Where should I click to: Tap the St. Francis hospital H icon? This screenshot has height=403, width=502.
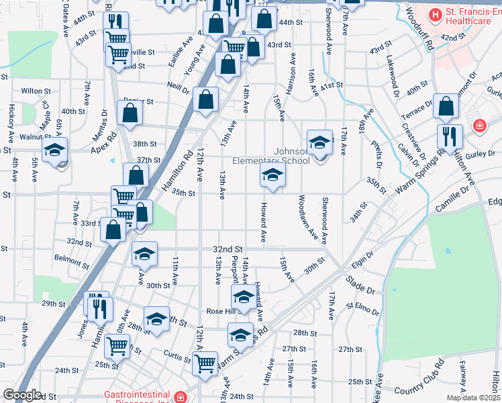(436, 13)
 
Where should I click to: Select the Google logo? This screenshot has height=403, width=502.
(22, 395)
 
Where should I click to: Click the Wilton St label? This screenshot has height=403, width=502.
(36, 91)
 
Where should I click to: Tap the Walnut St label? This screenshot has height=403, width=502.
(36, 137)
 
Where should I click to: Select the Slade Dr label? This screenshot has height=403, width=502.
(360, 283)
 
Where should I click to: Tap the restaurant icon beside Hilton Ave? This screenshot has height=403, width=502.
(449, 136)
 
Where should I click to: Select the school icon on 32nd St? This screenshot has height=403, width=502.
(145, 254)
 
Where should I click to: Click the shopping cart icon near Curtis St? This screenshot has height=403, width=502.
(205, 363)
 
